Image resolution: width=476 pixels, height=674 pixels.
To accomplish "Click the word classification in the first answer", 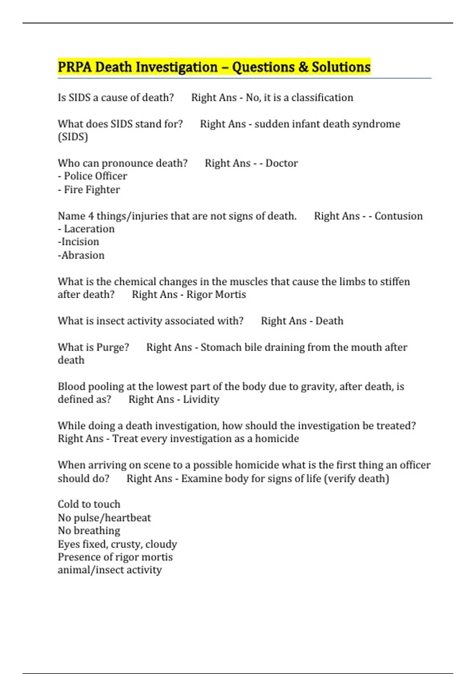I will tap(322, 98).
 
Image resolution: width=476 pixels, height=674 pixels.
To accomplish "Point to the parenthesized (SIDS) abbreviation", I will tap(73, 137).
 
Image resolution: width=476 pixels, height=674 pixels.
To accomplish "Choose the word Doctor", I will tap(282, 163).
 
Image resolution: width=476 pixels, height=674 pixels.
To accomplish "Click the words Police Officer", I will tap(95, 176).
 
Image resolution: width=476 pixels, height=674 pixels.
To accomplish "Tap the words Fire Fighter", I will tap(92, 190).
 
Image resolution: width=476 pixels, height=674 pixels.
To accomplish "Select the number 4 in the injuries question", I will tap(91, 216).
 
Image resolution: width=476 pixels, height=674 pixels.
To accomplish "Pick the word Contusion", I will tap(398, 216).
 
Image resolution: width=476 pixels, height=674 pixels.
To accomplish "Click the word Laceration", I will tap(89, 229).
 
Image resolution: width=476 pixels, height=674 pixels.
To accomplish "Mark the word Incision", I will tap(80, 242).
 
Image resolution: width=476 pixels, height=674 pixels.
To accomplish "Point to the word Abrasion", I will tap(83, 255).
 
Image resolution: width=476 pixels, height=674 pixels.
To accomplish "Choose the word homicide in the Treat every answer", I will tap(277, 439).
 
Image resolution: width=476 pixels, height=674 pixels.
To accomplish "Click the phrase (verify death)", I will tap(356, 479).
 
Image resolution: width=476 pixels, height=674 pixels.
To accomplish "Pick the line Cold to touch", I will tap(89, 504).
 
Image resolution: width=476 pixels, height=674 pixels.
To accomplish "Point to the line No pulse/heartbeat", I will tap(104, 518).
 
